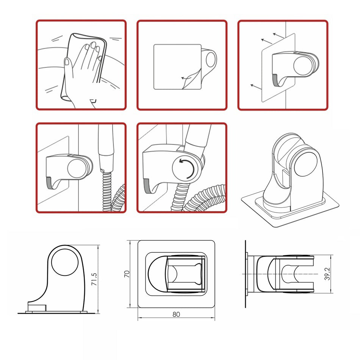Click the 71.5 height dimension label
coord(94,279)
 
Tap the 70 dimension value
coord(127,274)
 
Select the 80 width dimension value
coord(176,314)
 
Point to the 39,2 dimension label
coord(327,274)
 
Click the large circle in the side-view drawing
coord(65,262)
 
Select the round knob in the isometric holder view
coord(305,164)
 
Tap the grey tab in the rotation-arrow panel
coord(147,186)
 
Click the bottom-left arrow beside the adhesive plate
coord(256,87)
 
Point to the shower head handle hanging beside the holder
coord(106,148)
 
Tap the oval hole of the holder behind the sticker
coord(211,59)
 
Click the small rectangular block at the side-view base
coord(37,307)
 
